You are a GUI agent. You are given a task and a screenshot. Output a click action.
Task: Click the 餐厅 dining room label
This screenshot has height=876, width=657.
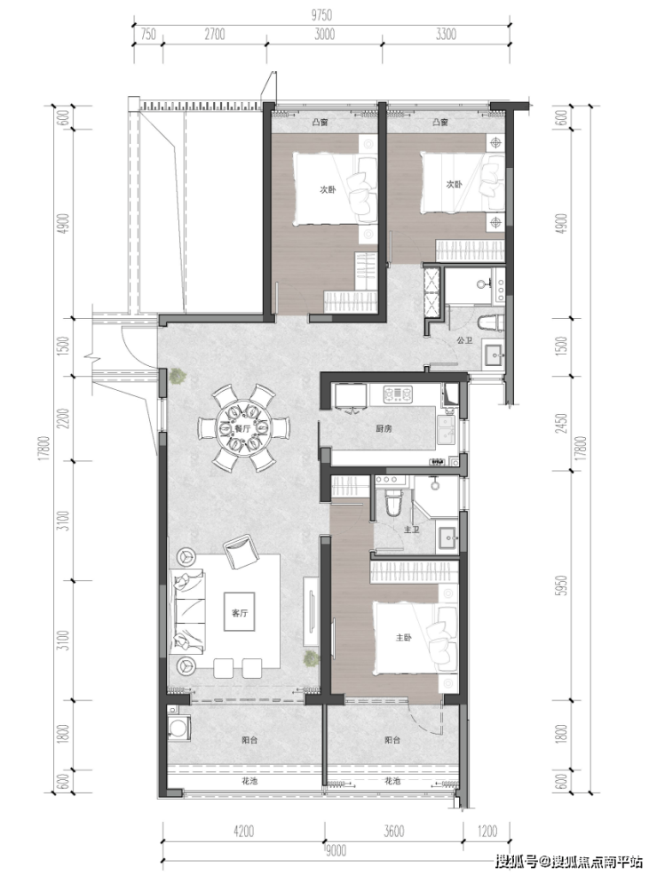[x=241, y=428]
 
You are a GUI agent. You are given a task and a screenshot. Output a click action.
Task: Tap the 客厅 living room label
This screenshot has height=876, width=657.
[x=240, y=613]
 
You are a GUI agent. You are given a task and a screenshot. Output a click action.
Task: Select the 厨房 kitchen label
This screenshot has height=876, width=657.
[x=384, y=428]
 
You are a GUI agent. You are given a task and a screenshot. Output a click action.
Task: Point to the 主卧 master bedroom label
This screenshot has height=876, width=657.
[x=404, y=637]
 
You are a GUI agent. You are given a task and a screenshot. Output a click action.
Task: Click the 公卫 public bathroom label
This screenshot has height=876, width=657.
[x=464, y=339]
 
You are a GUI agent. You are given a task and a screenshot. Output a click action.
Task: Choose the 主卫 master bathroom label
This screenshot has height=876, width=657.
[x=411, y=529]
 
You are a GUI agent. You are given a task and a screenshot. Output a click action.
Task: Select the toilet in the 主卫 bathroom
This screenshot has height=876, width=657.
[x=393, y=502]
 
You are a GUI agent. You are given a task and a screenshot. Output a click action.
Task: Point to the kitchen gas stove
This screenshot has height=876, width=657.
[x=398, y=394]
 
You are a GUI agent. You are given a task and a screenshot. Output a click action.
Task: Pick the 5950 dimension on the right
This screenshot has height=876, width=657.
[x=562, y=585]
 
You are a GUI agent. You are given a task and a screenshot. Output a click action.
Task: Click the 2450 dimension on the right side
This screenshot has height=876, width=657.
[x=562, y=423]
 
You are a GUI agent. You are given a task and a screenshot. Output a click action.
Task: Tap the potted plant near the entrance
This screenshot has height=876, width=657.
[x=178, y=376]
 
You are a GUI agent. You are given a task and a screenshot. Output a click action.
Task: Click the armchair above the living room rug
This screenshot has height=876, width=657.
[x=240, y=552]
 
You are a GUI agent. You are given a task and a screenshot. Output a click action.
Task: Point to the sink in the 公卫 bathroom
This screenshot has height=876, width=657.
[x=494, y=354]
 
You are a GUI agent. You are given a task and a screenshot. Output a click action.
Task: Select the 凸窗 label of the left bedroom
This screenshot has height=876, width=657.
[x=320, y=122]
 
